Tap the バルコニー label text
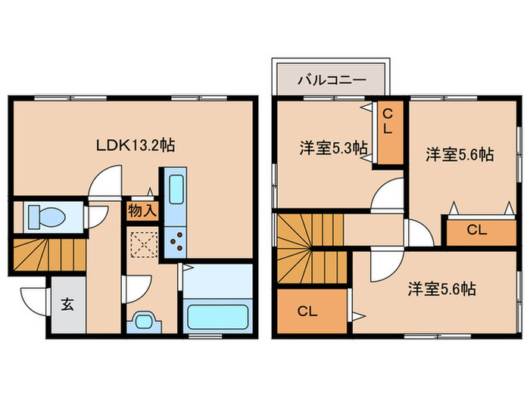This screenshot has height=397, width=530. (331, 79)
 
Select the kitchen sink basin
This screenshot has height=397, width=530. (175, 188)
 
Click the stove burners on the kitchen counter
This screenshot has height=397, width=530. (176, 243)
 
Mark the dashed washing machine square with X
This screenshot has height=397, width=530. (142, 243)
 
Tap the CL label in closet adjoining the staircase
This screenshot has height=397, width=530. (306, 310)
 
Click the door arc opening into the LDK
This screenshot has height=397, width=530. (101, 183)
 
